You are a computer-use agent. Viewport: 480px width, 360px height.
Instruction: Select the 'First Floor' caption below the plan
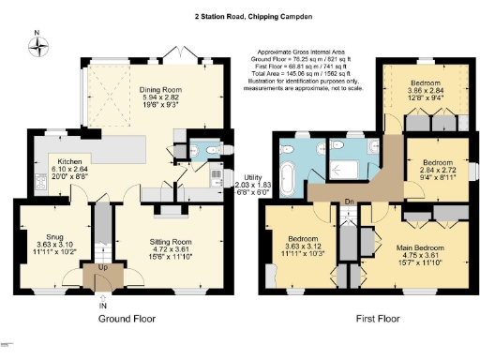point(379,319)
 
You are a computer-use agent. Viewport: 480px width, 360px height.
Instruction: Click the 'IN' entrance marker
point(102,305)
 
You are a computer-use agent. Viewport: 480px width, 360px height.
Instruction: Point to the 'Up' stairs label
point(101,268)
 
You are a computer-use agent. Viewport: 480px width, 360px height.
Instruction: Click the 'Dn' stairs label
point(349,201)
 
